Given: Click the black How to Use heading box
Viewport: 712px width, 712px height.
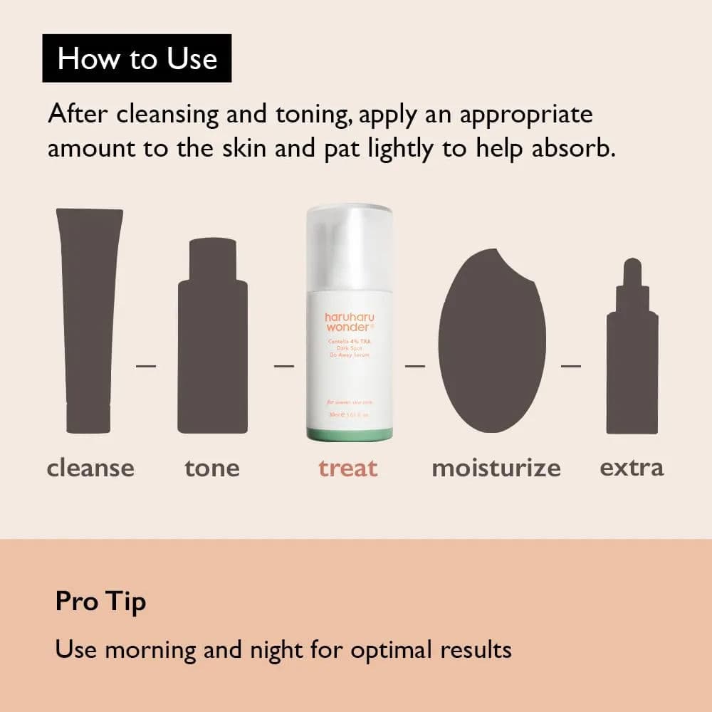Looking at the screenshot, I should pos(137,58).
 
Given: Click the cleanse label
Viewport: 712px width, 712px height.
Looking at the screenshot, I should pos(90,468).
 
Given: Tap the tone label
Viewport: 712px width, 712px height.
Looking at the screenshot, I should pos(212,468).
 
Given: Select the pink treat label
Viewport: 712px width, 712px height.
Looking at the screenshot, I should pos(348,468).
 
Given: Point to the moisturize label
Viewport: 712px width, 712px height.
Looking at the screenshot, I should pos(496,468).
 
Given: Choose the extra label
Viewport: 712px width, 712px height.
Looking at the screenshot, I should pos(632,467).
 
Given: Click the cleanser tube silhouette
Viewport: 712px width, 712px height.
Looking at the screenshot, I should pos(89,320).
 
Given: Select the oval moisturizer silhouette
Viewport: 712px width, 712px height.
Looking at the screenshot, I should pos(487,342).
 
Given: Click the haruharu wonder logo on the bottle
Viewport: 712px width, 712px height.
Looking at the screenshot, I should pos(349,321).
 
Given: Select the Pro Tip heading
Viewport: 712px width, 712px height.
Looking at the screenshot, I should pos(100,602).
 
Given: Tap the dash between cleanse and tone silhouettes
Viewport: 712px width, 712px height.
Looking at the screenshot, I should pos(146,366).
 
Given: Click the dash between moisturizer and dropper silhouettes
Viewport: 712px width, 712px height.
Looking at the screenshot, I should pos(570,366).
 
